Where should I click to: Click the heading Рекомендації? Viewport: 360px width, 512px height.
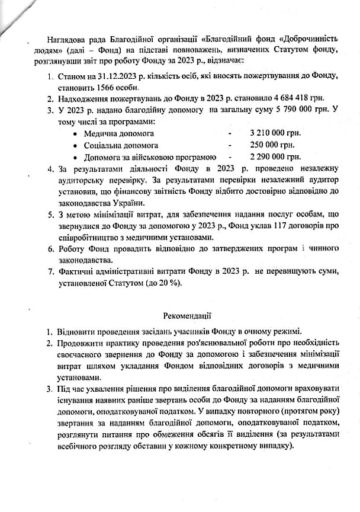point(188,318)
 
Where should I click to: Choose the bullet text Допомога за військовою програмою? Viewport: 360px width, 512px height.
point(149,157)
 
